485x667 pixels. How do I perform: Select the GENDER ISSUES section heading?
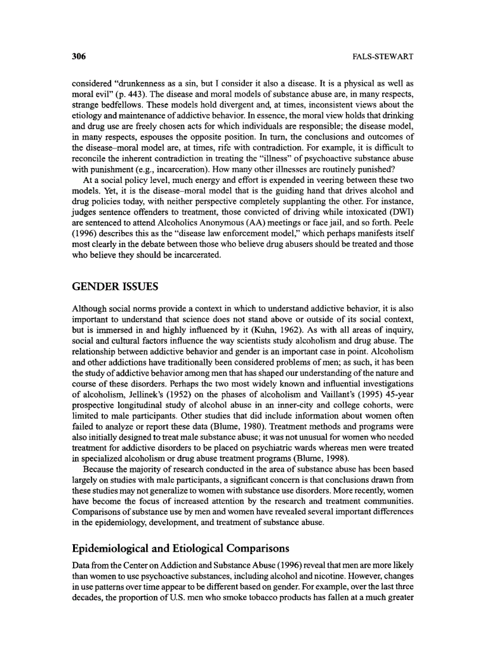pos(115,287)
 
